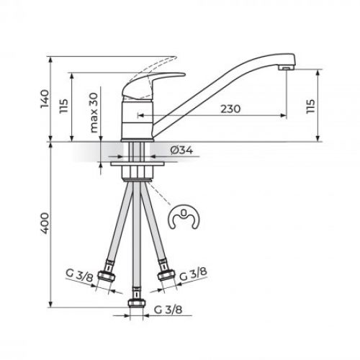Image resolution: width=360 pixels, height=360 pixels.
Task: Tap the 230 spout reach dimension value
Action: coord(230,108)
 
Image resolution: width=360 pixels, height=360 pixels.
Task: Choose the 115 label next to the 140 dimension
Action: coord(63,110)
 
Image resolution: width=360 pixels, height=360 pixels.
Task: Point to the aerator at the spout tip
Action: coord(286,68)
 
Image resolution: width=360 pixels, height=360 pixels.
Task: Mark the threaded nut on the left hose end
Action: coord(109,279)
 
